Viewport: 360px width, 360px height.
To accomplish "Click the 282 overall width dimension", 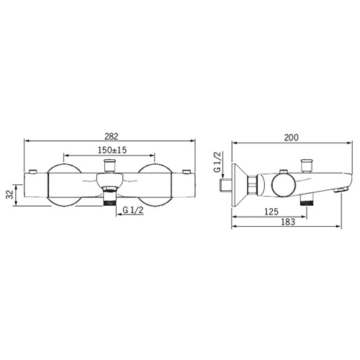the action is coord(112,136).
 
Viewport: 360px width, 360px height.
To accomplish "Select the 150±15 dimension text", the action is coord(112,150).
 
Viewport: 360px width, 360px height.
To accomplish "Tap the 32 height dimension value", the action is coord(9,194).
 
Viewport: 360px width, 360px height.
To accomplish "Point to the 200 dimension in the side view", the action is coord(292,138).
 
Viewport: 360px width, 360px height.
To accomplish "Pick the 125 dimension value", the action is coord(271,212).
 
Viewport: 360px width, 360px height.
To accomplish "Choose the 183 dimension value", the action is coord(288,222).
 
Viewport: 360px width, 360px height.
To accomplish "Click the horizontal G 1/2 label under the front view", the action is coord(133,210).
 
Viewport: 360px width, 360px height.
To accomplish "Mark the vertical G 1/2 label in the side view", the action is coord(217,162).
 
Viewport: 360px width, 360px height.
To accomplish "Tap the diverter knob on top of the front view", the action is coord(109,166).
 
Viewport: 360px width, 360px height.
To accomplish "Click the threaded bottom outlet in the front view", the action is coord(109,197).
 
